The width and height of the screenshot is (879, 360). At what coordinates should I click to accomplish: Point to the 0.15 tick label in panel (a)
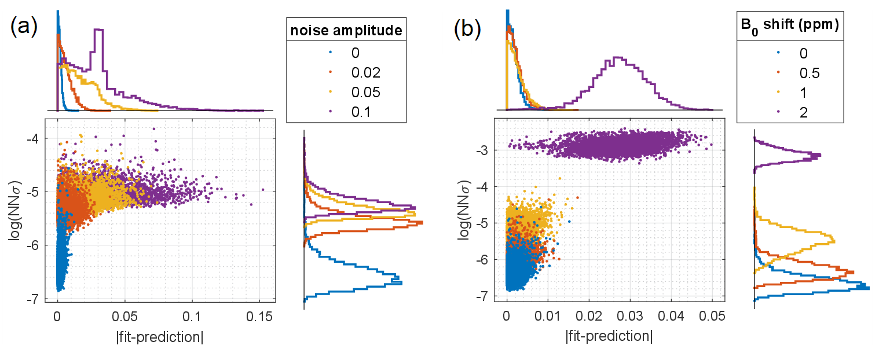pos(259,317)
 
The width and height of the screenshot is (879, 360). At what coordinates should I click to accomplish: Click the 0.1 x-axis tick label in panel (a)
pos(192,317)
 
